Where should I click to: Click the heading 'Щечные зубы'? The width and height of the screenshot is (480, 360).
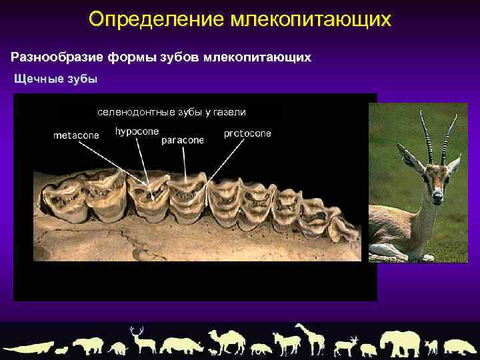(x=56, y=79)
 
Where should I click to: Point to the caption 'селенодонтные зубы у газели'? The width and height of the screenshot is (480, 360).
(x=171, y=111)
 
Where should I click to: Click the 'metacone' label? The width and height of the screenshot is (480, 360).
(x=76, y=135)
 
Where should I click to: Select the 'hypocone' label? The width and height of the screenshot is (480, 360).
(x=137, y=131)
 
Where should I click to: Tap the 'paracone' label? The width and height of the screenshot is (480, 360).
(x=183, y=141)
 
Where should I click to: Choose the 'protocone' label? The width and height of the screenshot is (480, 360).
(x=247, y=133)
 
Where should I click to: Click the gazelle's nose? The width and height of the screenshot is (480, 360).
(x=437, y=197)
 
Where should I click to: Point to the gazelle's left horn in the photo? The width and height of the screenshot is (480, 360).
(x=425, y=137)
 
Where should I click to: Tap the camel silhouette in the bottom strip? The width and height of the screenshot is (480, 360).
(x=227, y=341)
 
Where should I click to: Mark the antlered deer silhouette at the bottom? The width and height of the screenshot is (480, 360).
(x=141, y=340)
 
